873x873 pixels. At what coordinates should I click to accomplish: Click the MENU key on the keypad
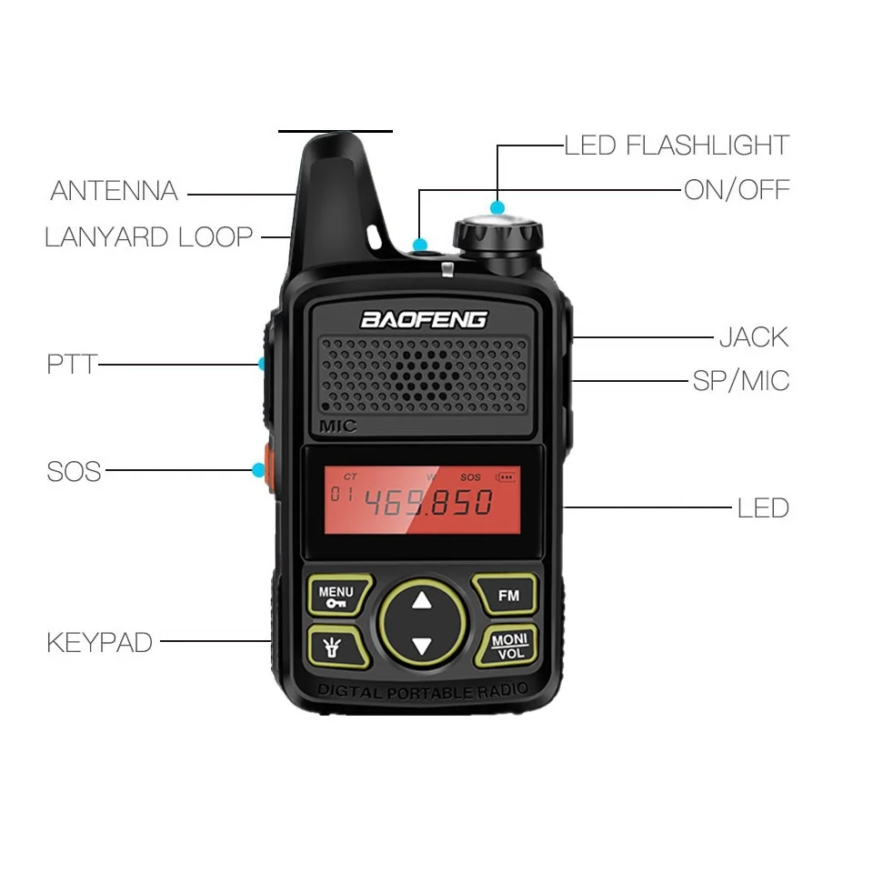point(336,596)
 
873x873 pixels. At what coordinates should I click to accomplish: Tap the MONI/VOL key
point(509,645)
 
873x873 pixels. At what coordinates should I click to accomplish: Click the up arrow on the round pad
point(421,600)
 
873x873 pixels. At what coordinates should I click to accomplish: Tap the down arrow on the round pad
point(421,647)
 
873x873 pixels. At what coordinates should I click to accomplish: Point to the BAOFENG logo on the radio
point(424,319)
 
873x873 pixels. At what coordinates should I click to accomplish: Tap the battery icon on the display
point(505,476)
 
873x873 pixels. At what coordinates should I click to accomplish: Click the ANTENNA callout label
point(114,192)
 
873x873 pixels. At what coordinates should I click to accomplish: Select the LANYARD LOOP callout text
point(148,237)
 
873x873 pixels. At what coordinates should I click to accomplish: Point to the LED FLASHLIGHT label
point(677,145)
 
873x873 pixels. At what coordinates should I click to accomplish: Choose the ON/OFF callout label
point(737,191)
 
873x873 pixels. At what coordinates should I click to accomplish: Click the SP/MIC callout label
point(740,380)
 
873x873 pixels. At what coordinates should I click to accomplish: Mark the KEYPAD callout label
point(99,643)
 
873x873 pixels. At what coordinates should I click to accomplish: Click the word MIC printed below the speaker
point(338,426)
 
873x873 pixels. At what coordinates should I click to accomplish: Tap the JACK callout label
point(754,337)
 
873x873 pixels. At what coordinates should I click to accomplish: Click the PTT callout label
point(71,365)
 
